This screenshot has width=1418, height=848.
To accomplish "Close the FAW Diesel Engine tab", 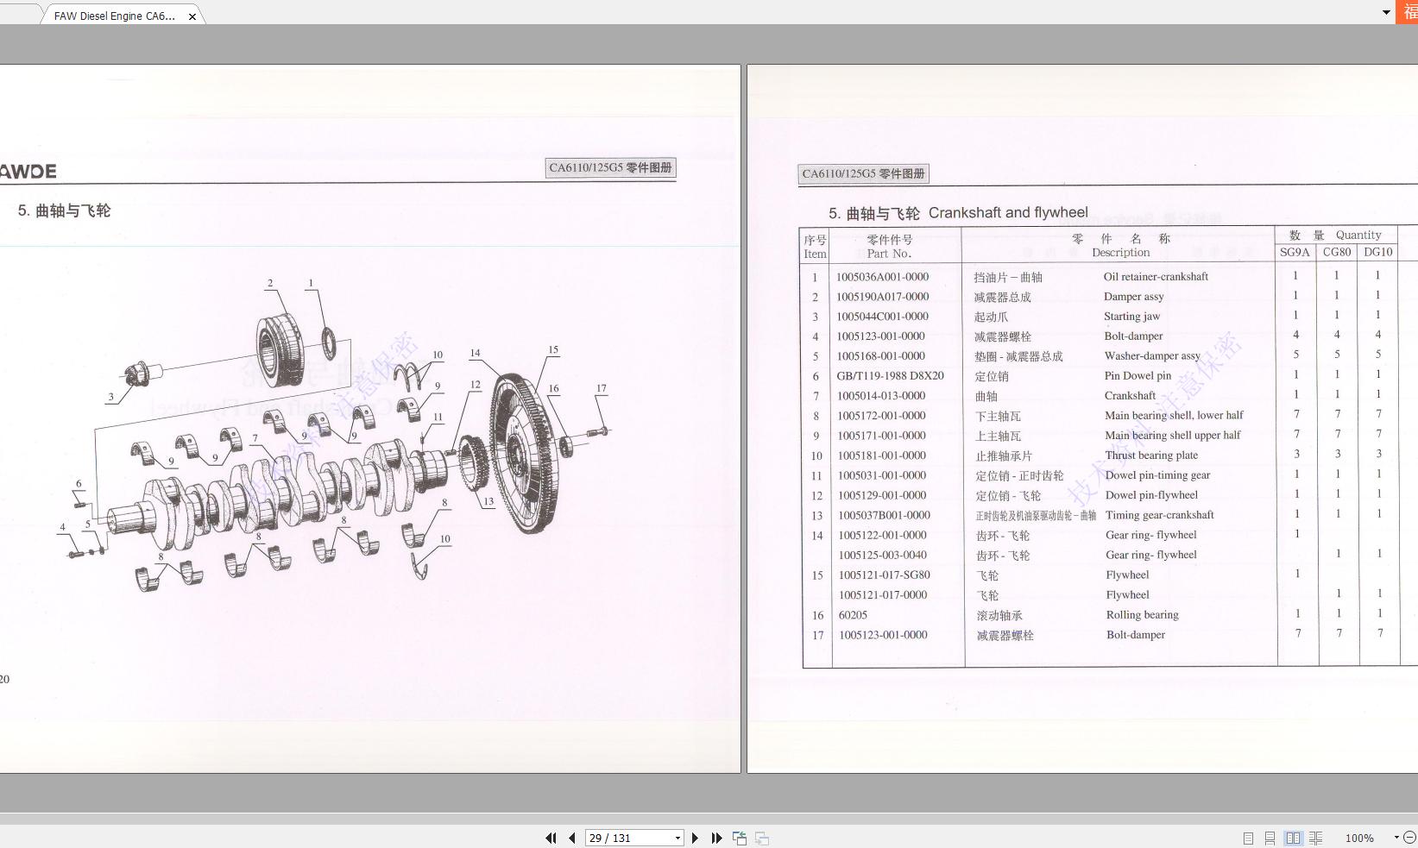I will [x=192, y=16].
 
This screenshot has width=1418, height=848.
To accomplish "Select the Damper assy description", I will [x=1133, y=297].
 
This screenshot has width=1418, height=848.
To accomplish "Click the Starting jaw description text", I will [x=1131, y=317].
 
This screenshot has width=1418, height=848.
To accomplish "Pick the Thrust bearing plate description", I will [x=1151, y=455].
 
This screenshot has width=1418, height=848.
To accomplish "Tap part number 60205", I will [x=853, y=615].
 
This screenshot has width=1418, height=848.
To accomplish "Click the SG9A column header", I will [x=1295, y=253].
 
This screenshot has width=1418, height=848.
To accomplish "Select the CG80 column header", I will [x=1337, y=253].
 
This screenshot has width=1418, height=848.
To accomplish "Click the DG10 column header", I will [x=1378, y=253].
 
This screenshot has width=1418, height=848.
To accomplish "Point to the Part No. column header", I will [x=889, y=254].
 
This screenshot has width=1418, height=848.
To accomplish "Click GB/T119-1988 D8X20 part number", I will [x=890, y=376].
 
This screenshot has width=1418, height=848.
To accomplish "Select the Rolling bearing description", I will [x=1142, y=615].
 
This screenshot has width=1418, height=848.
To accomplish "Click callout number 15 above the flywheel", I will [x=553, y=350].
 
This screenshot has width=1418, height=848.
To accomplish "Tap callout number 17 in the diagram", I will [x=602, y=388].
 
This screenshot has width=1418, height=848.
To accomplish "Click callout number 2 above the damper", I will [x=270, y=283].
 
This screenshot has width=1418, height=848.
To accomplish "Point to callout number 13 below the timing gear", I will [x=488, y=501].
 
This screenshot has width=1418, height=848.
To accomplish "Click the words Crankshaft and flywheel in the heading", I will [x=1008, y=213].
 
